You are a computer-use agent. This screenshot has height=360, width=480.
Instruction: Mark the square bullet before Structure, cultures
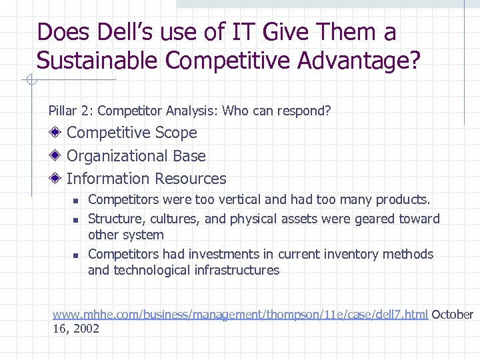76,219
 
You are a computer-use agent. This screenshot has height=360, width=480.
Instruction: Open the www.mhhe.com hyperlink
240,315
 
